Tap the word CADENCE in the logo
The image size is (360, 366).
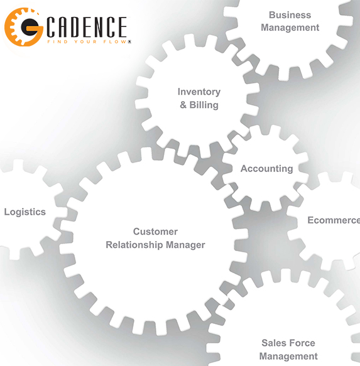(x=87, y=27)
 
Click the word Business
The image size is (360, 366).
(x=290, y=15)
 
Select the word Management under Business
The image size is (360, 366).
(x=290, y=28)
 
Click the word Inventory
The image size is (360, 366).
(x=199, y=92)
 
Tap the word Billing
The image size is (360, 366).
(x=204, y=105)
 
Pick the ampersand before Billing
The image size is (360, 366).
(x=183, y=105)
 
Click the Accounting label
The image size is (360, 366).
(x=267, y=169)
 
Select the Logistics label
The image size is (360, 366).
(x=25, y=212)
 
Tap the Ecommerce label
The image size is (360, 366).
(x=334, y=220)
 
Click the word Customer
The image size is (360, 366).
(x=155, y=232)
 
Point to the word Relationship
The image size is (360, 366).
(x=134, y=245)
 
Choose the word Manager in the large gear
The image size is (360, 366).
(x=185, y=245)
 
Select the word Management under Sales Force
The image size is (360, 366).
(x=288, y=357)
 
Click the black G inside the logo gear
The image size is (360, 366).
(x=30, y=28)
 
